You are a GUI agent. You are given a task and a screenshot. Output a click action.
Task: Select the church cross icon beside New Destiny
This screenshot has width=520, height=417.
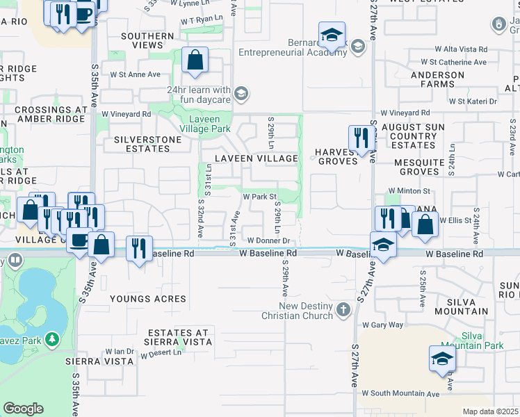coord(343,309)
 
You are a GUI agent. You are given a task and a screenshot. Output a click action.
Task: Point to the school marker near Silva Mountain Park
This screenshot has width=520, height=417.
coord(441,359)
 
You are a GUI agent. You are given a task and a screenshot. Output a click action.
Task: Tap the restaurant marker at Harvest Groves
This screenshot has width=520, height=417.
coord(359,138)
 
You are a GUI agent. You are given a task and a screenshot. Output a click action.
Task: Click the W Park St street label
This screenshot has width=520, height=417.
coord(260,197)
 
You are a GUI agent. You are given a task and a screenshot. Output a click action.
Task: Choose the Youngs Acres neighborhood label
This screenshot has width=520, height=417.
coord(148,299)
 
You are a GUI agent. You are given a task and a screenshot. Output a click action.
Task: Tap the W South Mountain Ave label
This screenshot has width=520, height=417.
coord(400,393)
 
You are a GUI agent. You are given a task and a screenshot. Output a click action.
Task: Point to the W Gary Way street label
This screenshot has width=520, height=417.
coord(382,325)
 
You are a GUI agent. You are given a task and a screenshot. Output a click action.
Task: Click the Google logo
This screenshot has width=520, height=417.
coord(23,408)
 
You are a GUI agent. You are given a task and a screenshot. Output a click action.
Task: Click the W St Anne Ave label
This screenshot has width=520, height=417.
coord(135,74)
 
